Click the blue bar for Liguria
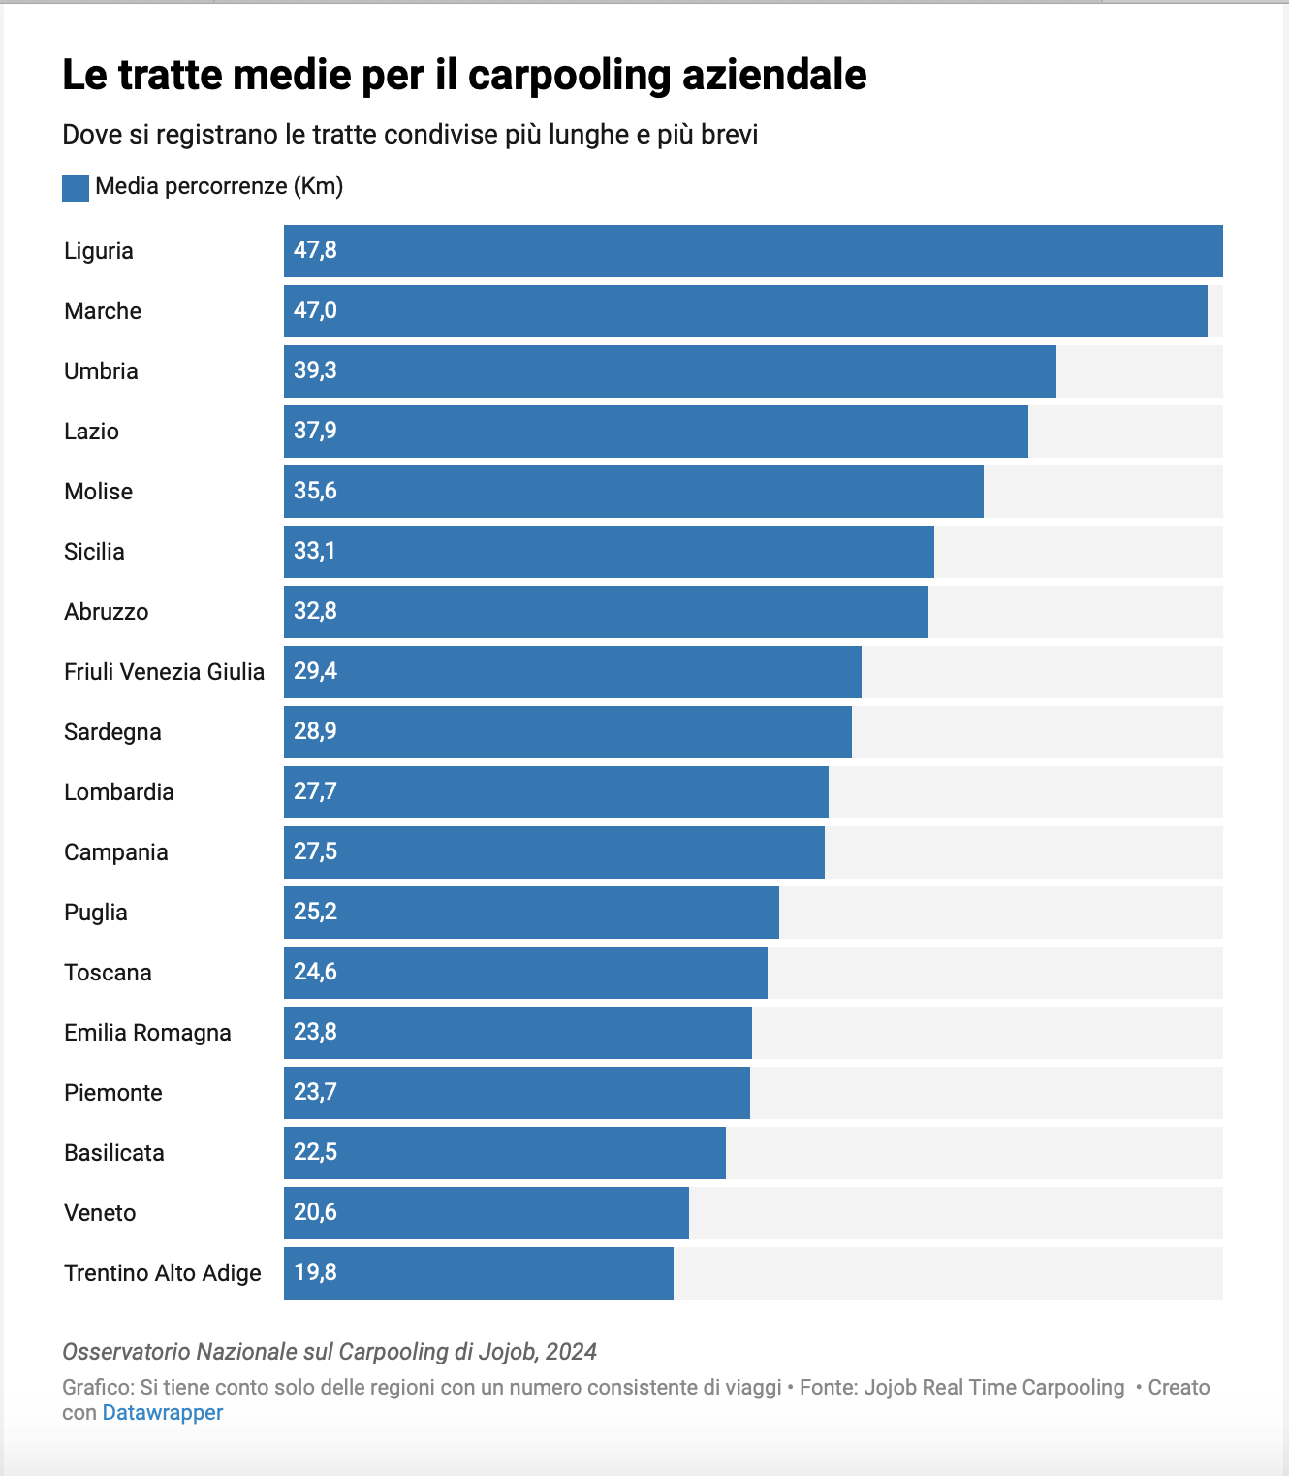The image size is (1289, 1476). [x=753, y=251]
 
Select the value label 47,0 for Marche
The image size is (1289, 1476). [x=315, y=310]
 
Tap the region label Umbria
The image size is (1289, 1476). [x=101, y=371]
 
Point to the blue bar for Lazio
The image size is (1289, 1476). [x=656, y=432]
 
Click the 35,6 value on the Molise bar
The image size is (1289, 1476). [x=315, y=491]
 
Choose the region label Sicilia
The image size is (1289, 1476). [x=94, y=552]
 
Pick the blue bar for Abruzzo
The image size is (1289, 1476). [x=606, y=612]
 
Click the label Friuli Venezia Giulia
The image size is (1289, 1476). [x=164, y=672]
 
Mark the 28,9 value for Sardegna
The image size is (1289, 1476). [x=315, y=731]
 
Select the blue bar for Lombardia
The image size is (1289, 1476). [x=556, y=792]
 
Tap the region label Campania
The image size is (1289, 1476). [x=116, y=852]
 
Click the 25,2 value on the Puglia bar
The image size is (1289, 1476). [x=315, y=912]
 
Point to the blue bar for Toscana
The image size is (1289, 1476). [x=525, y=973]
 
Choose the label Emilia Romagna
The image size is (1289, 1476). [x=147, y=1033]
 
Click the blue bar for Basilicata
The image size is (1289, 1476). [x=505, y=1153]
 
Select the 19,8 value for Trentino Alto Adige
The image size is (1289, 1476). [x=315, y=1272]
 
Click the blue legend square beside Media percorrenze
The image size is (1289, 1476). [x=76, y=187]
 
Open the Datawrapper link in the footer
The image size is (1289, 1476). [x=163, y=1413]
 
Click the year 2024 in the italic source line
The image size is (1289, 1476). [x=571, y=1352]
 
